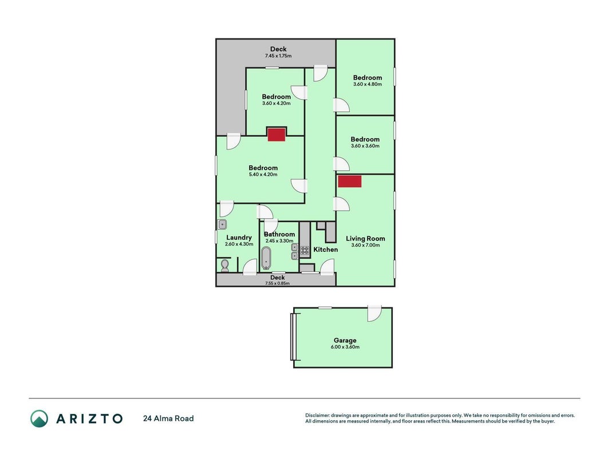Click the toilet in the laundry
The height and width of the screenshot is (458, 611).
coord(225,265)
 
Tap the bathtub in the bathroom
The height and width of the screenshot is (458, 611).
coord(266,258)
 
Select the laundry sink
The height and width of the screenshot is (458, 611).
coord(222,224)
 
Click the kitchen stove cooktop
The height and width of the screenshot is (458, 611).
coord(305,250)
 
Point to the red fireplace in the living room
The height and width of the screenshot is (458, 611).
coord(349,181)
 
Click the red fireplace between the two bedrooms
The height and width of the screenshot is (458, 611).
coord(277,134)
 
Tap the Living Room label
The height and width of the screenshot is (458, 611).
coord(365,238)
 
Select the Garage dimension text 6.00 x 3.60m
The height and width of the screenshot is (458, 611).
coord(345,347)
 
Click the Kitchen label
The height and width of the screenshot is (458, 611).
coord(326,249)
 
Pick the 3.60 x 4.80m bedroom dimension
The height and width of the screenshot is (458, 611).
coord(368,84)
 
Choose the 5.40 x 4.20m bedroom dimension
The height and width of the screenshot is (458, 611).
coord(263,175)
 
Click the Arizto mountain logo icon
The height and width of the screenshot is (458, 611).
coord(40,418)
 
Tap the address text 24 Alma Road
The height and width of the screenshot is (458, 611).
coord(168,418)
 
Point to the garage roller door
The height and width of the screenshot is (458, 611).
coord(293,337)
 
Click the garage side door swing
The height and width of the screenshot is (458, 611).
coord(374,314)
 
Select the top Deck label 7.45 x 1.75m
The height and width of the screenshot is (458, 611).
coord(278,52)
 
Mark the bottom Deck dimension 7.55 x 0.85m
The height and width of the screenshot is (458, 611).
coord(278,283)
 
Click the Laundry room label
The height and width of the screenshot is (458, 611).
coord(239,237)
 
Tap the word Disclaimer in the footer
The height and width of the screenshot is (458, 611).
coord(318,416)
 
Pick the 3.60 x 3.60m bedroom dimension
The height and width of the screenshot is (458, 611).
coord(365,146)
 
